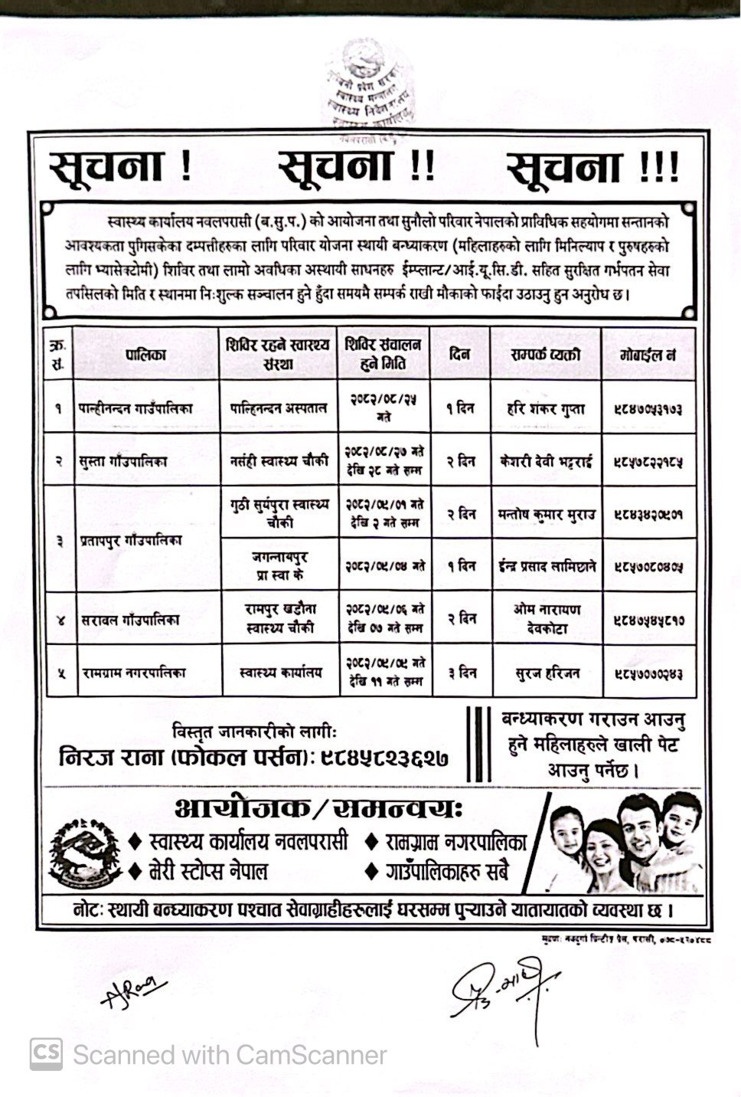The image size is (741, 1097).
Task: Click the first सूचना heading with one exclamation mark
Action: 119,166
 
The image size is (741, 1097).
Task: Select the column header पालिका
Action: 146,354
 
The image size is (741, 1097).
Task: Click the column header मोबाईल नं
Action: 648,355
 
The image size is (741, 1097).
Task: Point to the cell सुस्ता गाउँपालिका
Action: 122,461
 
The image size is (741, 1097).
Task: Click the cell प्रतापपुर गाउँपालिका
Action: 131,540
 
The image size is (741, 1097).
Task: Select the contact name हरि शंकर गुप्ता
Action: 546,408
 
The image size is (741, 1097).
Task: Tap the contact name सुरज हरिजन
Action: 547,673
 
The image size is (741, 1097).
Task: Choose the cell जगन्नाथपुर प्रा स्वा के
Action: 278,565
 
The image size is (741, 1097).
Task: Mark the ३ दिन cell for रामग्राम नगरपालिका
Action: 461,673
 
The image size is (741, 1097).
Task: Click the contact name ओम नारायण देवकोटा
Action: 547,618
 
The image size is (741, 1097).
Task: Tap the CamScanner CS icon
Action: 45,1054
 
